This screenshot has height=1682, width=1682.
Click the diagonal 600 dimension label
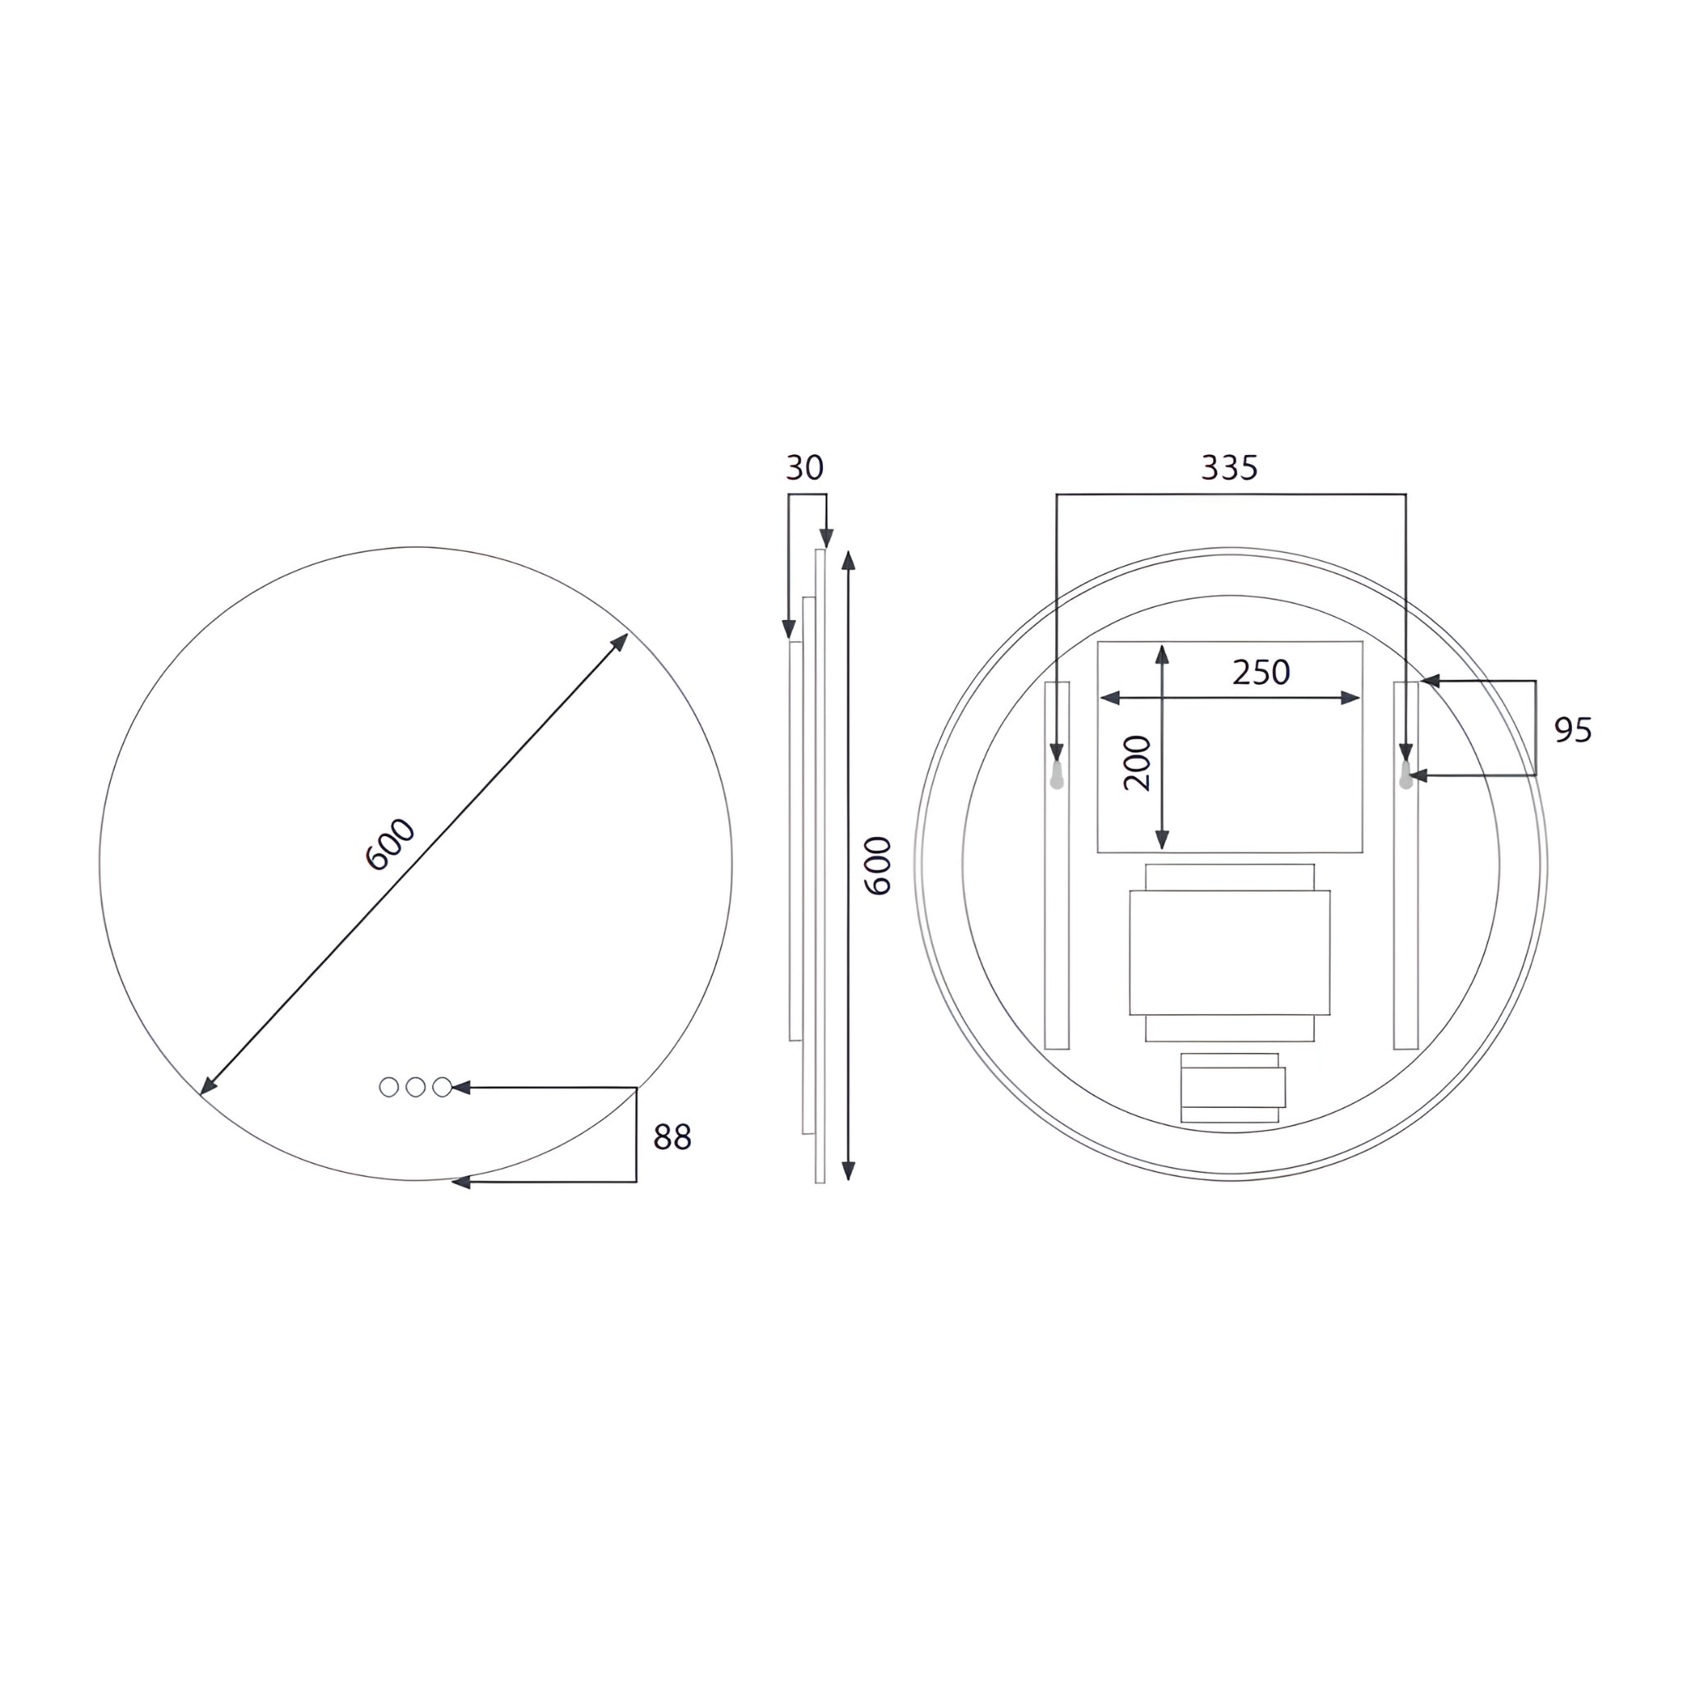click(390, 843)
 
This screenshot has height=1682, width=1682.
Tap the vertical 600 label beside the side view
click(878, 866)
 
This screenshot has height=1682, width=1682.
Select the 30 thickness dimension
click(804, 467)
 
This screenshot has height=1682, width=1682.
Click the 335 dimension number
click(1229, 467)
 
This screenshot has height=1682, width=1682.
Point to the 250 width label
click(1261, 672)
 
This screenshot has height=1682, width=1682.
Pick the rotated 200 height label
click(1137, 763)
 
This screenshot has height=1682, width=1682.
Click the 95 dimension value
click(1573, 729)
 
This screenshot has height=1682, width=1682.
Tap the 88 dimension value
click(672, 1137)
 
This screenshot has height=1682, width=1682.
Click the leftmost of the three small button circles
click(389, 1087)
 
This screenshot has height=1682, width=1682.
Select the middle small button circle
click(416, 1087)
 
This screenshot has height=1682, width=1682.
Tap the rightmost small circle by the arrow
click(443, 1087)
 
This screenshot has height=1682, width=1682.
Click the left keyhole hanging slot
click(1057, 774)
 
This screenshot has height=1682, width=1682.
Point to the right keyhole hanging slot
click(1406, 774)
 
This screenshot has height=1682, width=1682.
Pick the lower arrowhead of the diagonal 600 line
click(207, 1087)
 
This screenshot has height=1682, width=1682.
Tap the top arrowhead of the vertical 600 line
click(849, 560)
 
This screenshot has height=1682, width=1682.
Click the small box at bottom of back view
click(1232, 1087)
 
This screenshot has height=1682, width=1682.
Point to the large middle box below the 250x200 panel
click(1229, 953)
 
